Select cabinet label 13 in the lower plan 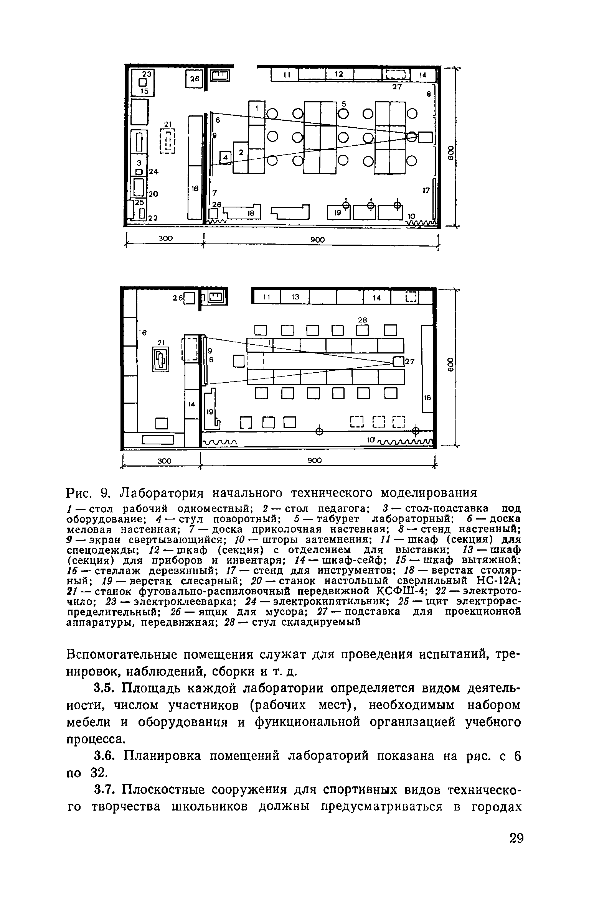click(295, 297)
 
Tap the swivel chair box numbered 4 click(226, 157)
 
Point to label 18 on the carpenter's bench click(251, 214)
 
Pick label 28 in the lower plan click(362, 319)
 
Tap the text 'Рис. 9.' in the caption click(89, 492)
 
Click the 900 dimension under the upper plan click(318, 240)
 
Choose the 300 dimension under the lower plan click(164, 461)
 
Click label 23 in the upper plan click(147, 74)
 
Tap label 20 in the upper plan click(153, 194)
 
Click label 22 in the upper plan click(153, 218)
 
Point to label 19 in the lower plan click(210, 412)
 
